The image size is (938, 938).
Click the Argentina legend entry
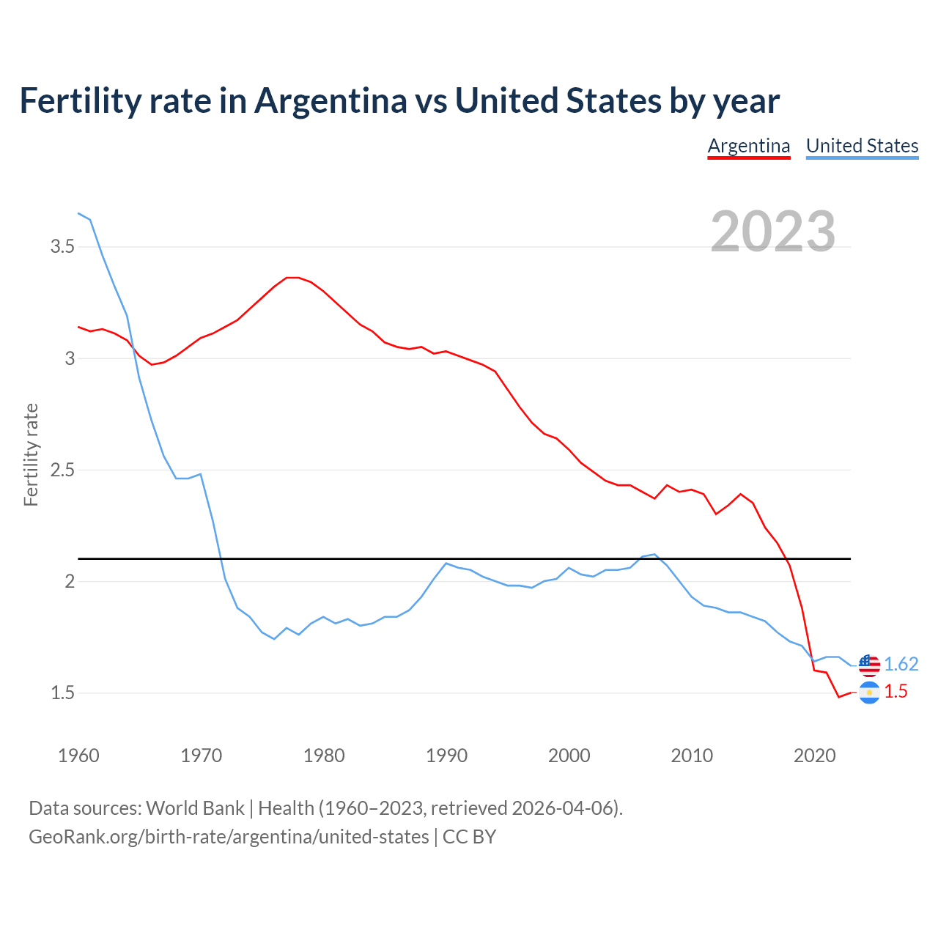click(748, 146)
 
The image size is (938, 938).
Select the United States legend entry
click(862, 146)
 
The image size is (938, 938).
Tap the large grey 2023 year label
click(773, 232)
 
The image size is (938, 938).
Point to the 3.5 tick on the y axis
click(62, 247)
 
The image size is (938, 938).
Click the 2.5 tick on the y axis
click(62, 470)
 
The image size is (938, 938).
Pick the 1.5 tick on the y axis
click(62, 693)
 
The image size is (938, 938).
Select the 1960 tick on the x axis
click(78, 756)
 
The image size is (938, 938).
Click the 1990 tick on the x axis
click(446, 756)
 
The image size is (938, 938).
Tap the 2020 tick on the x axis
click(814, 756)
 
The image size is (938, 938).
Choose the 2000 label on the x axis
click(569, 756)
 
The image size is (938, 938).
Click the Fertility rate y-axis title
click(31, 454)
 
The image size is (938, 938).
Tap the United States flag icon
click(869, 665)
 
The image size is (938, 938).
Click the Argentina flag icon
click(869, 693)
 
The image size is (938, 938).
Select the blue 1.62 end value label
click(901, 664)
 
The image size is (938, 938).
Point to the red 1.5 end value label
click(895, 692)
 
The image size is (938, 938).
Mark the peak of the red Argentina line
click(292, 278)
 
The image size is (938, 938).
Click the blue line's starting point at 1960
click(78, 213)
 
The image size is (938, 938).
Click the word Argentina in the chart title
click(330, 100)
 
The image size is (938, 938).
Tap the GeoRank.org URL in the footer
click(229, 836)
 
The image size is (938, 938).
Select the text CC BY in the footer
click(469, 836)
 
